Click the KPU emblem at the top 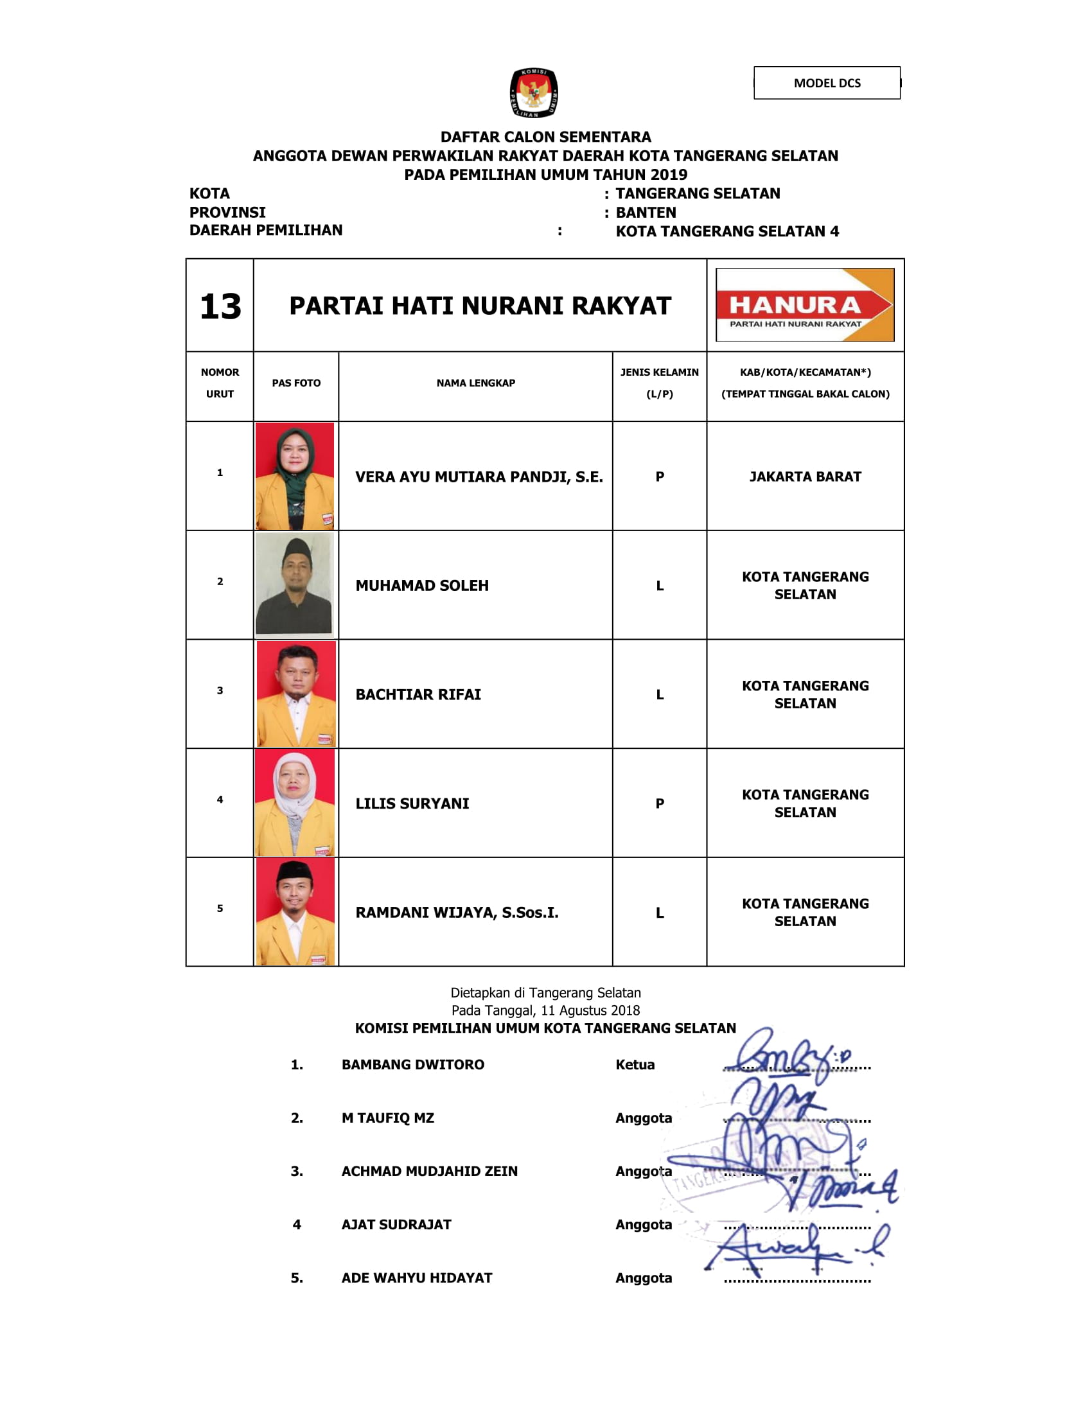(534, 93)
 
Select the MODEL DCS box (827, 83)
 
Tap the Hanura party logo (805, 304)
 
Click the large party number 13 (220, 306)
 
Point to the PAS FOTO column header (295, 383)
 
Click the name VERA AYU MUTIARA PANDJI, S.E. (479, 477)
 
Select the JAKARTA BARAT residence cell (805, 477)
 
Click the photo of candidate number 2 (295, 584)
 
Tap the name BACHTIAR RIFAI (418, 695)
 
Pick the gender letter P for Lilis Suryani (659, 803)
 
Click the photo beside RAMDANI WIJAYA (295, 911)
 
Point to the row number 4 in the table (220, 800)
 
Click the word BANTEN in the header (646, 212)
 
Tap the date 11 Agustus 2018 (590, 1010)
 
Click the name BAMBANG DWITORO (413, 1065)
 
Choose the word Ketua (635, 1065)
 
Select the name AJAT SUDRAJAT (396, 1225)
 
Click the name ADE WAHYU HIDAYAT (417, 1277)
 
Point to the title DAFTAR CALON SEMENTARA (545, 137)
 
